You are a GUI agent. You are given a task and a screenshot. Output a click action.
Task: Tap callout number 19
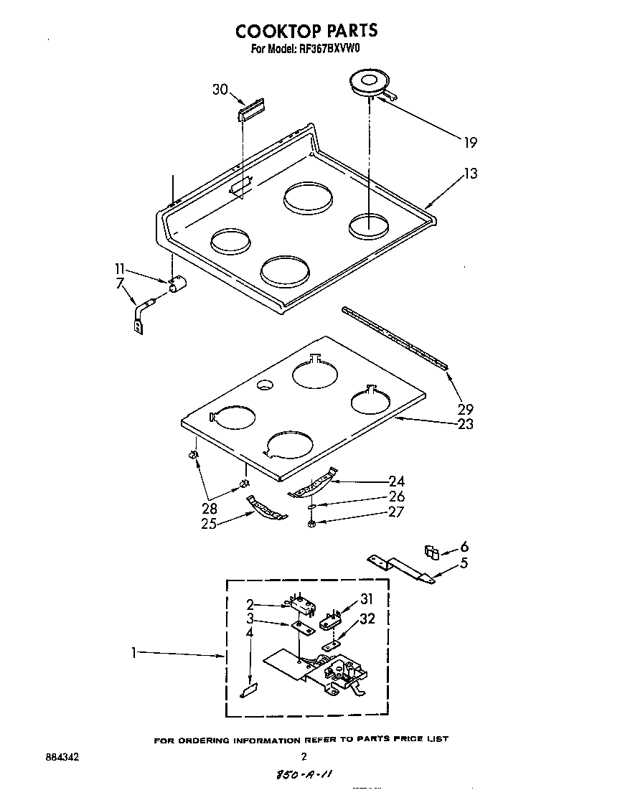click(x=469, y=142)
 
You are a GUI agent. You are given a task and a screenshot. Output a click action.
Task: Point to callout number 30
click(x=220, y=89)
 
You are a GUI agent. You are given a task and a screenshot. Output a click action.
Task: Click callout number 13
click(x=470, y=173)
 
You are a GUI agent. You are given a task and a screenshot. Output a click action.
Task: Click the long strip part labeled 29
click(x=395, y=337)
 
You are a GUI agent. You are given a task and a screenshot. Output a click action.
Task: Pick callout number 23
click(x=465, y=424)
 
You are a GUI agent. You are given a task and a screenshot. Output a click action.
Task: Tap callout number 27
click(x=396, y=512)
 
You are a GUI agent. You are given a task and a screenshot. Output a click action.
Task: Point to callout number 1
click(x=134, y=653)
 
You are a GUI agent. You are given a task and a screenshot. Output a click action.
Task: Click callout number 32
click(x=367, y=619)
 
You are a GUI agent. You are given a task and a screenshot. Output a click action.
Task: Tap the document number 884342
click(x=62, y=756)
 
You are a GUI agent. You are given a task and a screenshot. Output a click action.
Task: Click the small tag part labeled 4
click(x=249, y=690)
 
